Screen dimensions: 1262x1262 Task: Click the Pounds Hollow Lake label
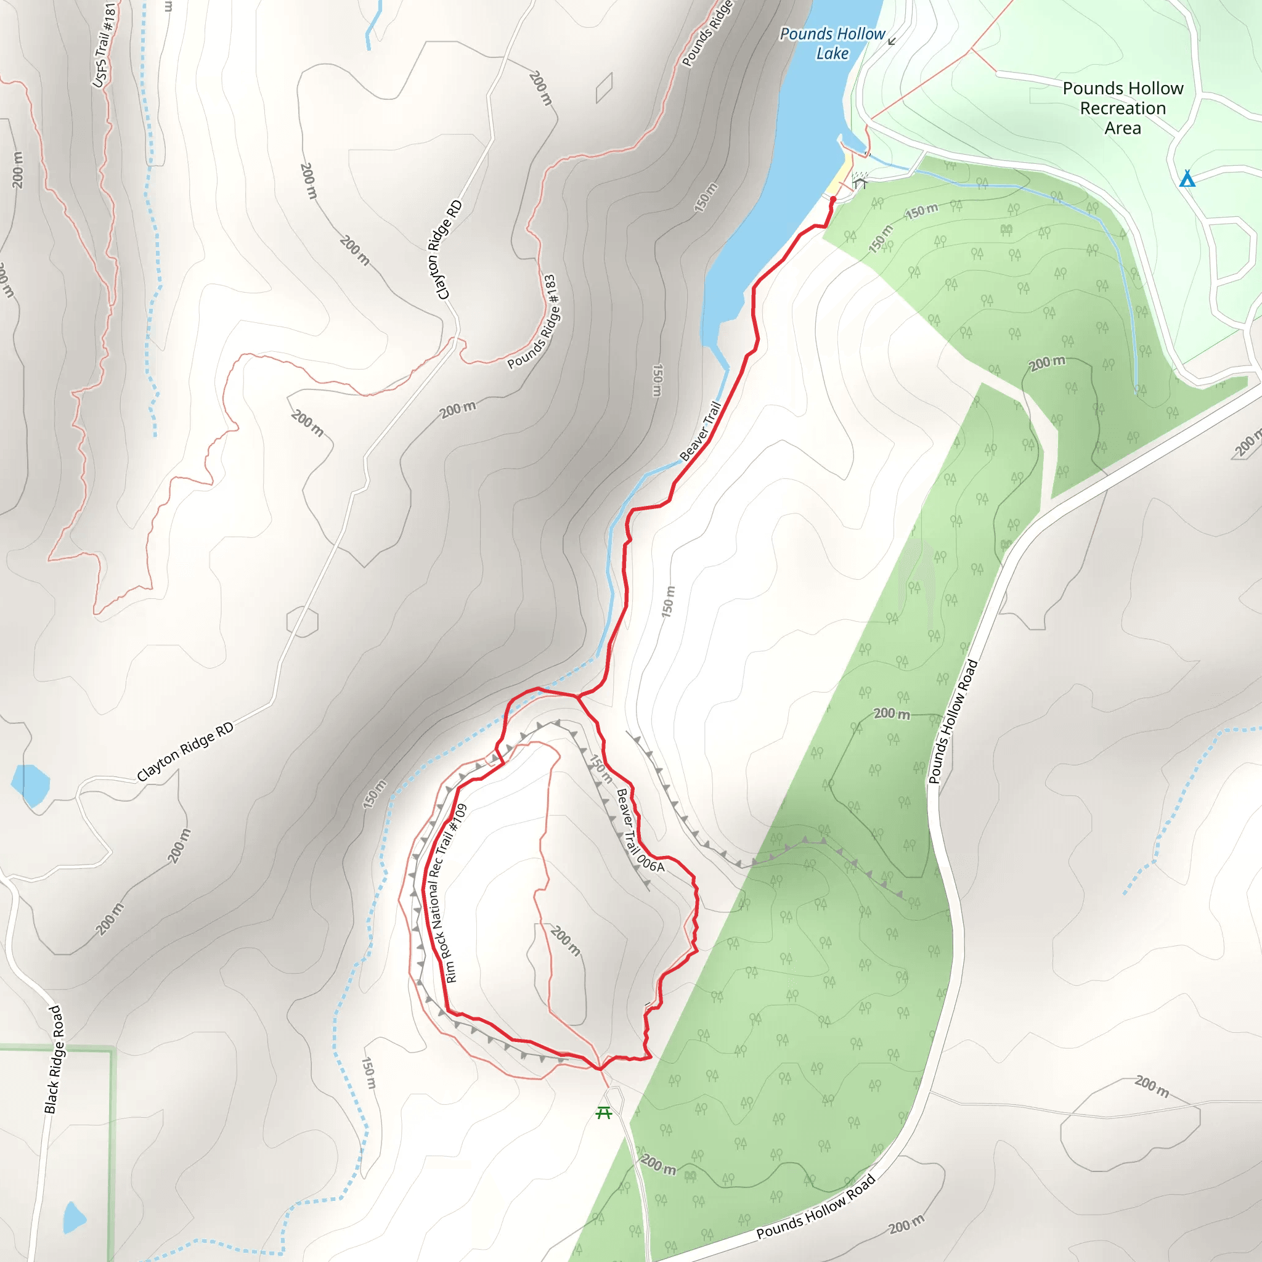click(x=832, y=43)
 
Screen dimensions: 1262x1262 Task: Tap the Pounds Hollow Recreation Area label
click(x=1122, y=108)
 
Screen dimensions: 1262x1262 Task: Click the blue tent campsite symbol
click(x=1187, y=178)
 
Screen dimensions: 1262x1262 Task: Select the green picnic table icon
click(x=603, y=1112)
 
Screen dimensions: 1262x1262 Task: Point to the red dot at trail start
click(x=833, y=199)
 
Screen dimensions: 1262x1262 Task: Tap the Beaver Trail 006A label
click(x=640, y=830)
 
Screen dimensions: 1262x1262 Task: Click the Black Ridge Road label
click(x=54, y=1059)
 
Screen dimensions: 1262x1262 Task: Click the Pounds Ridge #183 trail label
click(x=533, y=322)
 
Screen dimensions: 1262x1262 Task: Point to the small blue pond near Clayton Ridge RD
click(x=30, y=784)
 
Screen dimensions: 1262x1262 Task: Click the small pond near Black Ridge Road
click(x=74, y=1217)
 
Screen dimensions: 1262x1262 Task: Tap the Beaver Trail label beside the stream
click(x=700, y=432)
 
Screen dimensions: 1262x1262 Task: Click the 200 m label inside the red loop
click(x=565, y=940)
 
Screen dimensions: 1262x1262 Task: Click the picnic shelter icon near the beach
click(x=860, y=182)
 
